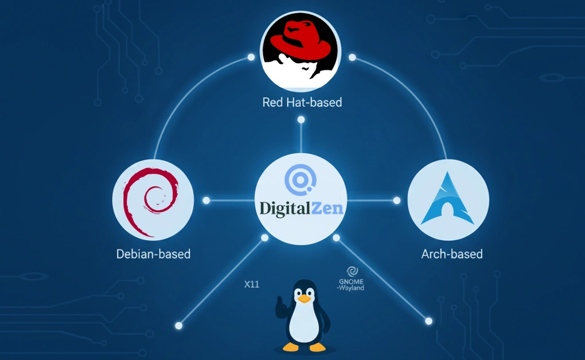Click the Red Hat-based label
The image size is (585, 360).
tap(302, 103)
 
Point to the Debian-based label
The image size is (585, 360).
tap(153, 253)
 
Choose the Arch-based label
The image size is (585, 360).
tap(451, 253)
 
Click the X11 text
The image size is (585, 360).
tap(252, 284)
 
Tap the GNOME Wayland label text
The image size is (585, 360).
tap(351, 284)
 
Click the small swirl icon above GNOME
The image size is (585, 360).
tap(352, 271)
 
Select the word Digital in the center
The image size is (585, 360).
tap(286, 208)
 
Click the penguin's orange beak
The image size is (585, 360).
tap(305, 298)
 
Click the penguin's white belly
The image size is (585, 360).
tap(304, 324)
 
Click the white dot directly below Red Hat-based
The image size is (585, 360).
tap(301, 120)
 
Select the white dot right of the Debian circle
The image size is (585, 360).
tap(206, 201)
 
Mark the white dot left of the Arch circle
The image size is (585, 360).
tap(396, 201)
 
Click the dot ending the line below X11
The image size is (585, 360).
tap(178, 326)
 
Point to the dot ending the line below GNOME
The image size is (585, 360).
tap(428, 321)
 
